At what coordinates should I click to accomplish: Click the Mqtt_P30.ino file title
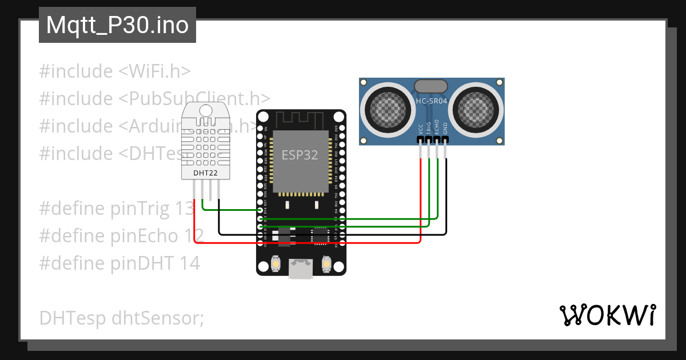117,25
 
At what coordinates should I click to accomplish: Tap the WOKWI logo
607,315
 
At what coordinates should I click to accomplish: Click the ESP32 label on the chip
300,155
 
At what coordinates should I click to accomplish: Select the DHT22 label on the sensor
204,172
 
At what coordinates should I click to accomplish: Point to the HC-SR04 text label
432,101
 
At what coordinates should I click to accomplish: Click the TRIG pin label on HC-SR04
429,128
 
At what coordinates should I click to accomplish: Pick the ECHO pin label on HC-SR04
437,127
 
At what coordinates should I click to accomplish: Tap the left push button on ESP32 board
276,264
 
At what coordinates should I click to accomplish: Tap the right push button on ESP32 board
326,264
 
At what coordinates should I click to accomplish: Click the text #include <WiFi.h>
115,71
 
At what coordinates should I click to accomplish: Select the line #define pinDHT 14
119,263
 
